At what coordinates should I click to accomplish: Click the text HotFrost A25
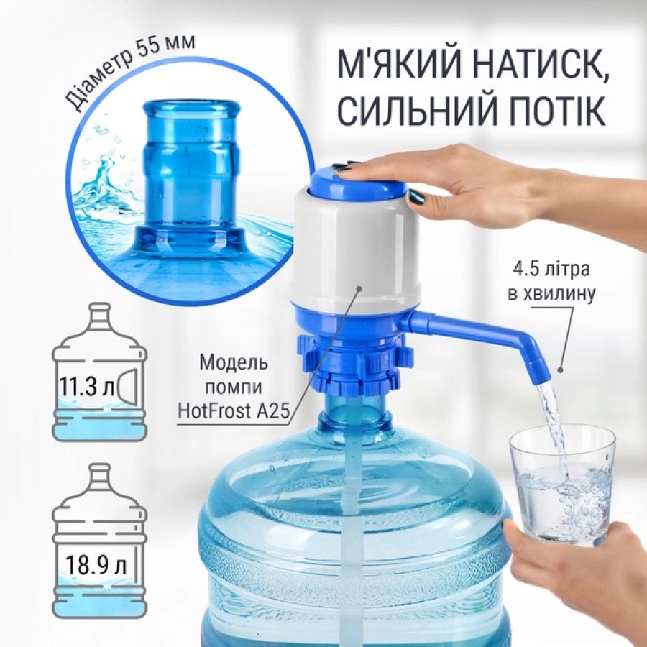click(x=232, y=410)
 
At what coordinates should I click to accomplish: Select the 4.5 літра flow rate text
click(x=551, y=270)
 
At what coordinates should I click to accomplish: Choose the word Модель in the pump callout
click(x=234, y=363)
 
